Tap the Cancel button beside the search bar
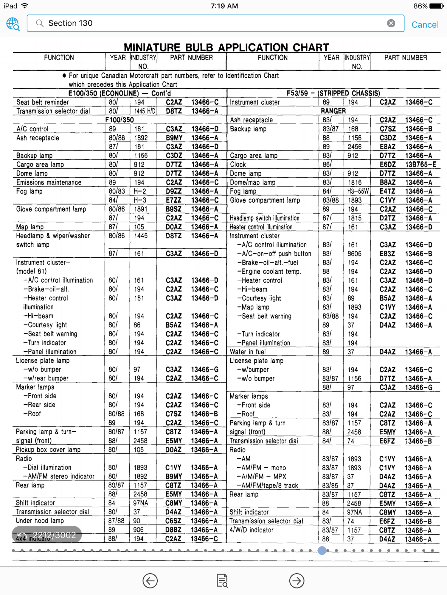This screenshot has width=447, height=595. pyautogui.click(x=425, y=24)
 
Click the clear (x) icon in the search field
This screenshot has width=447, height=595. pyautogui.click(x=391, y=23)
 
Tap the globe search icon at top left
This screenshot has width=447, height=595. pyautogui.click(x=13, y=24)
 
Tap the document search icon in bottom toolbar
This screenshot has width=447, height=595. pyautogui.click(x=222, y=580)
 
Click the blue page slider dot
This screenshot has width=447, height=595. pyautogui.click(x=322, y=550)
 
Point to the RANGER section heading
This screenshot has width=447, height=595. pyautogui.click(x=333, y=111)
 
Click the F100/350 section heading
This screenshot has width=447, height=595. pyautogui.click(x=119, y=120)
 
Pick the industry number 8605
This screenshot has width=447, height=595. pyautogui.click(x=354, y=254)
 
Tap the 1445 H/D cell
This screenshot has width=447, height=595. pyautogui.click(x=145, y=111)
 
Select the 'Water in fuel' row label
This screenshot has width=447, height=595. pyautogui.click(x=247, y=352)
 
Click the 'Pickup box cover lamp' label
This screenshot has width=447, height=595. pyautogui.click(x=48, y=450)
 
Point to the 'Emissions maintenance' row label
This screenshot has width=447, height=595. pyautogui.click(x=49, y=182)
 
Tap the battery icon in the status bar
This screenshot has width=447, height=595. pyautogui.click(x=436, y=6)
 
